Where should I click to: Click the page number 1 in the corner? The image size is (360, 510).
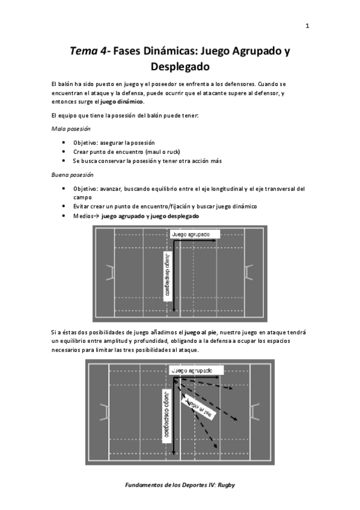tap(307, 26)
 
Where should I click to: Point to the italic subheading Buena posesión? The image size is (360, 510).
tap(73, 175)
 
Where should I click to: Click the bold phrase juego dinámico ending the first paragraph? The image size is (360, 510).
tap(124, 102)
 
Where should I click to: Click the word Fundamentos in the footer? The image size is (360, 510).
tap(145, 485)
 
